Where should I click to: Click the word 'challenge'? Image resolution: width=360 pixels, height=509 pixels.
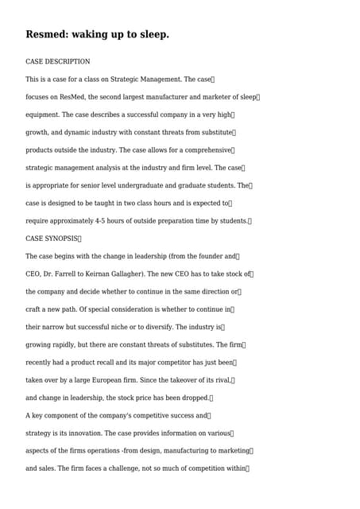[x=121, y=468]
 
